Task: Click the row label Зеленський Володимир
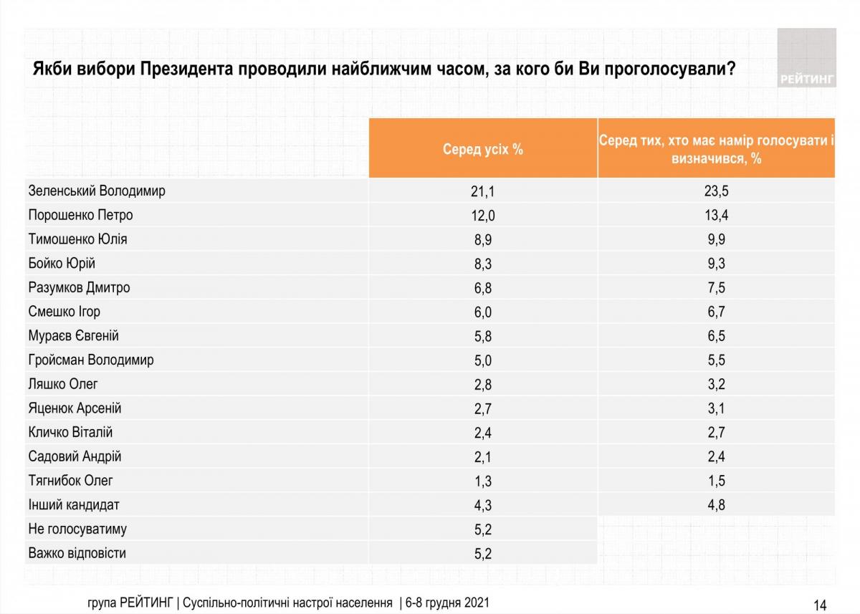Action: (x=97, y=191)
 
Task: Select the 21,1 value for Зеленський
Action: (x=483, y=191)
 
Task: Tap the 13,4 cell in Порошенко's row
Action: (x=716, y=216)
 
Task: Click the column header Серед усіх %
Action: (x=483, y=149)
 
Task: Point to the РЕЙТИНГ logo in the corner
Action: (x=807, y=58)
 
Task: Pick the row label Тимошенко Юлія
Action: (x=78, y=239)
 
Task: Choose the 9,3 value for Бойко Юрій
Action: (x=716, y=264)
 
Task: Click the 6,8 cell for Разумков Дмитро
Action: (x=483, y=288)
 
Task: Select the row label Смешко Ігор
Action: (x=64, y=312)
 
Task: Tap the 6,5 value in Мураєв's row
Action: (x=716, y=336)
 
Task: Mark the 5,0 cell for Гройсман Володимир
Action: (x=483, y=360)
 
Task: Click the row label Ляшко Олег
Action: (x=63, y=384)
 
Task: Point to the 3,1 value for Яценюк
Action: (x=716, y=408)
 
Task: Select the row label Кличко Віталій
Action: (x=71, y=433)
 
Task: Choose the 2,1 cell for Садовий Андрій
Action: (x=483, y=456)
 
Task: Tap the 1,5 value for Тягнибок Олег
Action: (x=716, y=481)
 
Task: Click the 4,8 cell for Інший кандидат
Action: (x=716, y=505)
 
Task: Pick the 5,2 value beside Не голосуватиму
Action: (x=483, y=529)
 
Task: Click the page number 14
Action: (x=820, y=605)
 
